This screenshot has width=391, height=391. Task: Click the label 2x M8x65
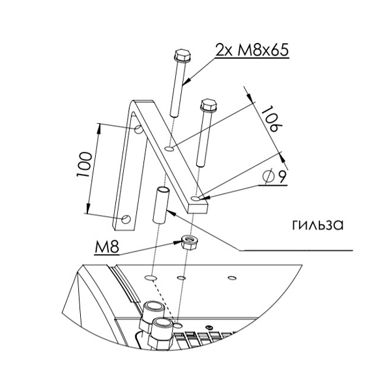pyautogui.click(x=252, y=50)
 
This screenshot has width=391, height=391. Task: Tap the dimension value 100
pyautogui.click(x=84, y=165)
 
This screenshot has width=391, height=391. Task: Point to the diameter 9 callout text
pyautogui.click(x=275, y=177)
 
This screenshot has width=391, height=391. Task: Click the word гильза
pyautogui.click(x=318, y=224)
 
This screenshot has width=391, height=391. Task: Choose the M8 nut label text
pyautogui.click(x=106, y=248)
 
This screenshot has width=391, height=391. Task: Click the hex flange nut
pyautogui.click(x=188, y=242)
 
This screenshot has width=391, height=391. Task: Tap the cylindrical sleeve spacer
pyautogui.click(x=161, y=205)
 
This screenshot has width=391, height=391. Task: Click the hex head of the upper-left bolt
pyautogui.click(x=182, y=56)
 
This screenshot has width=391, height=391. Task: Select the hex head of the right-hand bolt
pyautogui.click(x=209, y=105)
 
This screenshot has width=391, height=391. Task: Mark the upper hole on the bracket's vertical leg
pyautogui.click(x=138, y=129)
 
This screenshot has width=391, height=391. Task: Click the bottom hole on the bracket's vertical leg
pyautogui.click(x=126, y=219)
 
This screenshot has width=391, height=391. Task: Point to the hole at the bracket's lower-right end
pyautogui.click(x=195, y=199)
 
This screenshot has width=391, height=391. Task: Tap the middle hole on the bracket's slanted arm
pyautogui.click(x=169, y=149)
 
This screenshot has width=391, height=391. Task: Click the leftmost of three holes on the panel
pyautogui.click(x=151, y=278)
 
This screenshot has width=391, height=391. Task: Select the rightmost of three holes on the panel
pyautogui.click(x=232, y=278)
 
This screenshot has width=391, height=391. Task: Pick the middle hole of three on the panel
pyautogui.click(x=181, y=278)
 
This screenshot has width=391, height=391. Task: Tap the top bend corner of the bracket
pyautogui.click(x=134, y=102)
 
